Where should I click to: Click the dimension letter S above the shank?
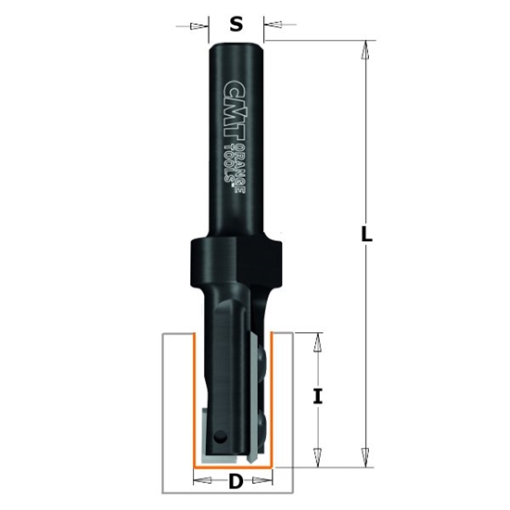point(236,25)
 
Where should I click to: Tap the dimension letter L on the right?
point(366,236)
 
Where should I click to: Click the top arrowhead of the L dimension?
point(366,52)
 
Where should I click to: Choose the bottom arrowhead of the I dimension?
point(318,455)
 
